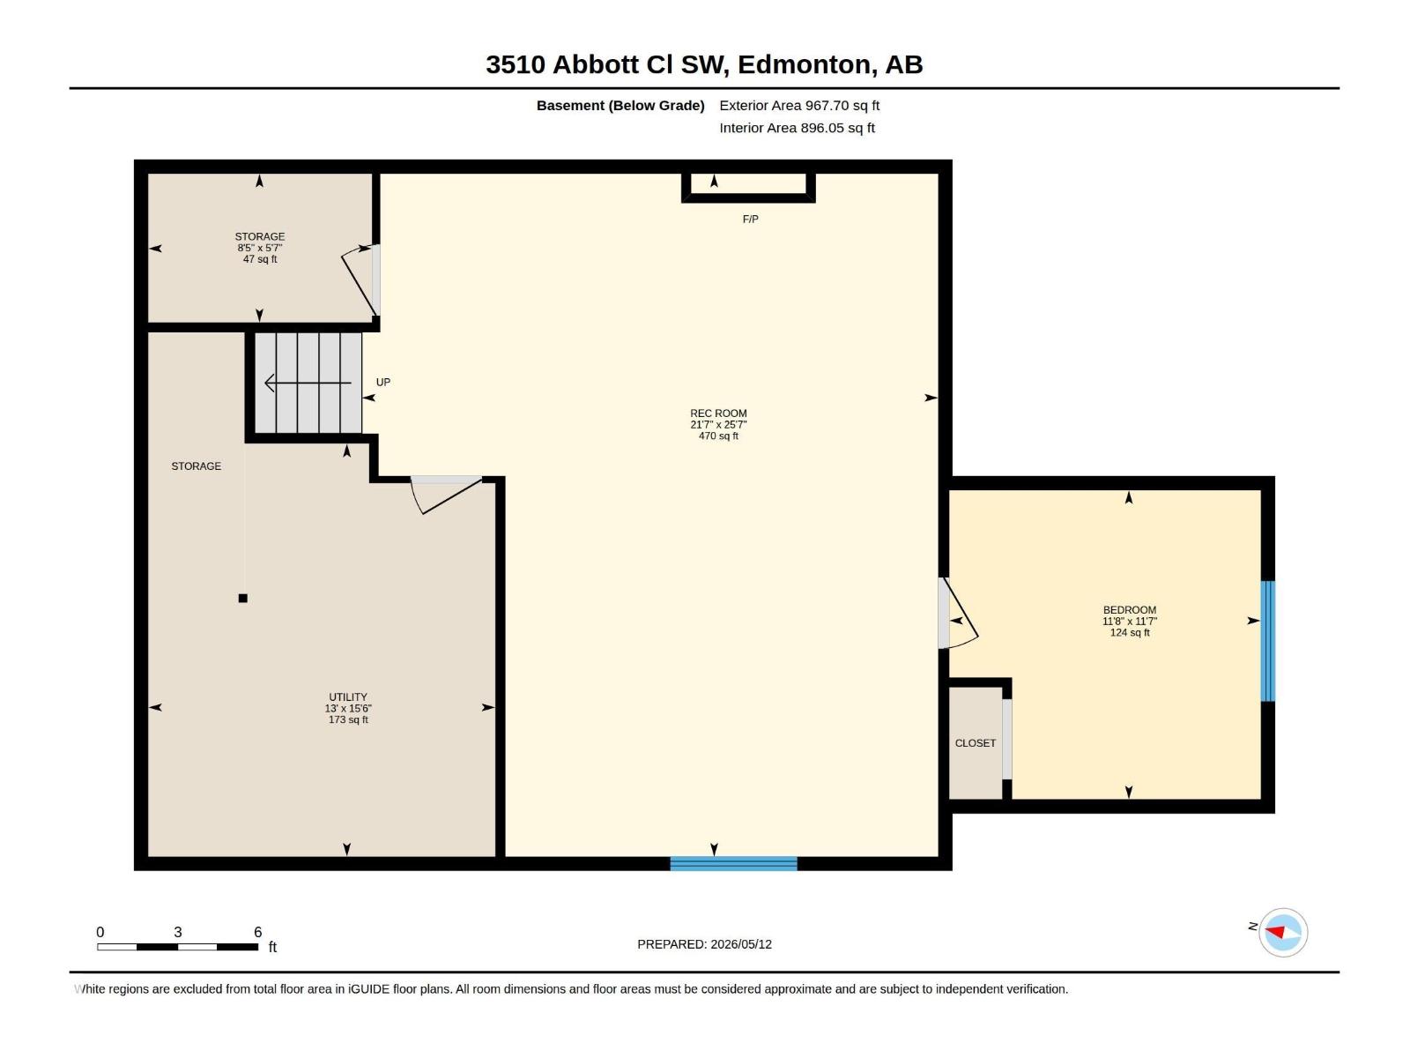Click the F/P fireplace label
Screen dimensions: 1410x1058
pos(750,219)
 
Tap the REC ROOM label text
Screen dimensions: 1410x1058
pos(718,413)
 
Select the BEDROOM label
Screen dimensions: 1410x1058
pos(1129,609)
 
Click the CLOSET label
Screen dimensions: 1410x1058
pos(976,742)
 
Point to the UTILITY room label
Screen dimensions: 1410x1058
pos(348,697)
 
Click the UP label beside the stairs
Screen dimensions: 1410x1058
pos(382,383)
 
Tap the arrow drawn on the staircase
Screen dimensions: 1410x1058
pos(308,383)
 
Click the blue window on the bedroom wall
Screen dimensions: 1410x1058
pos(1267,640)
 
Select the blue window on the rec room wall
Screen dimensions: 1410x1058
pos(733,863)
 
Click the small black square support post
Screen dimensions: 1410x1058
pos(243,598)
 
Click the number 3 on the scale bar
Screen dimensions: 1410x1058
pos(178,931)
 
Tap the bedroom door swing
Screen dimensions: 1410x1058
pos(959,613)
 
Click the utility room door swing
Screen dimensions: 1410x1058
pos(446,495)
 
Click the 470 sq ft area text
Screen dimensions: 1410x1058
pos(718,436)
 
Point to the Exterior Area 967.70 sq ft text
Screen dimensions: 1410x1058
pos(799,105)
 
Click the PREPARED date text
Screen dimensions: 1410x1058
pos(704,943)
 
